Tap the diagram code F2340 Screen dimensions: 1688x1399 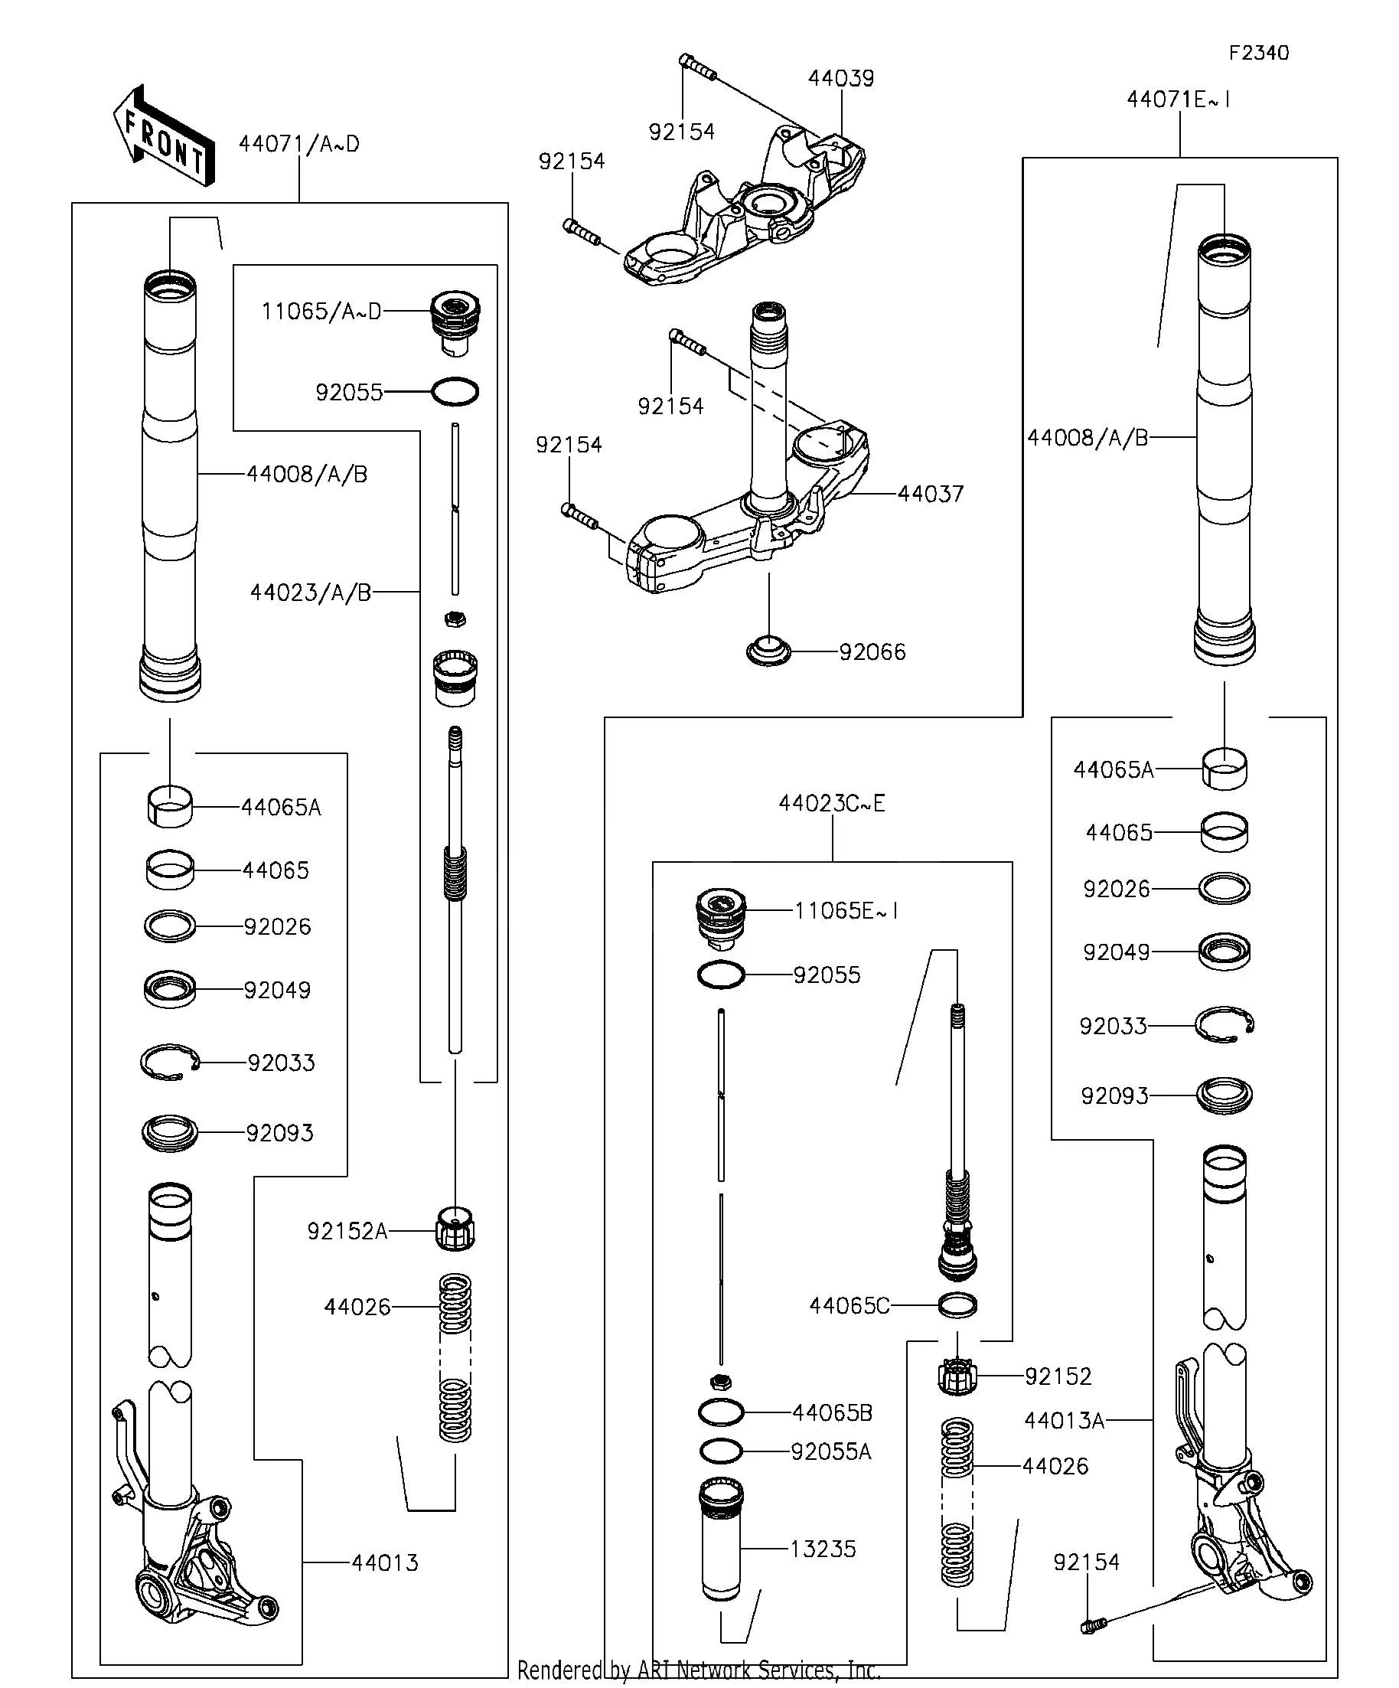point(1258,53)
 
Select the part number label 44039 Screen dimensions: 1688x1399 point(840,78)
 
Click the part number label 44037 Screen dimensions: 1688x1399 point(930,494)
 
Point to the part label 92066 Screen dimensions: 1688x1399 point(872,652)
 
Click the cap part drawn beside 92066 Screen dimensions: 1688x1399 point(768,650)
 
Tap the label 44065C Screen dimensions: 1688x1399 point(849,1306)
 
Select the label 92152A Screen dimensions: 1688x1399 point(347,1232)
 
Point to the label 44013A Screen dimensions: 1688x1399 point(1064,1421)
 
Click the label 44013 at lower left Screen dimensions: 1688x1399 point(385,1563)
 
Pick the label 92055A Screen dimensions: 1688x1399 point(831,1451)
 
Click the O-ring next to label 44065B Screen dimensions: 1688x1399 point(721,1412)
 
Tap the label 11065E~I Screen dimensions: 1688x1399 point(846,911)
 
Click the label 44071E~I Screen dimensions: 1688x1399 point(1178,100)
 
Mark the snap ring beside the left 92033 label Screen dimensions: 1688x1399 point(170,1063)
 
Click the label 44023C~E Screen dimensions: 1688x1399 point(832,804)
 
